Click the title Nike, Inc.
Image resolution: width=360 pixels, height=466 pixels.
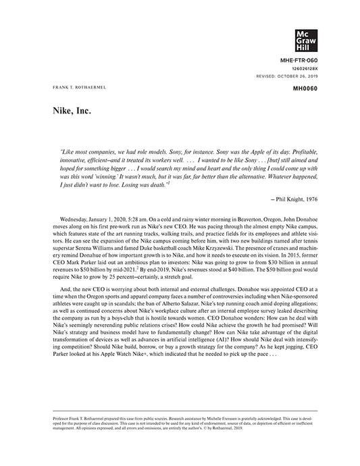pyautogui.click(x=72, y=109)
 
